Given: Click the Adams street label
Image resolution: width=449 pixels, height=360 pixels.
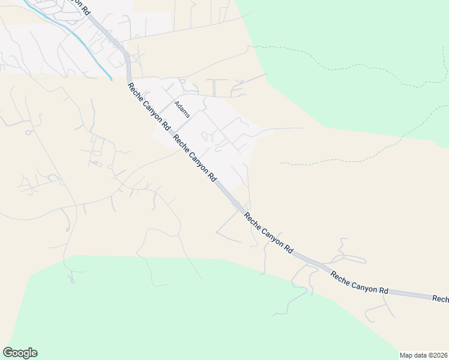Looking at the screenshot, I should pyautogui.click(x=182, y=109).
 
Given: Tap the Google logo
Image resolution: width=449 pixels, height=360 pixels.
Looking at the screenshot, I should pyautogui.click(x=20, y=353).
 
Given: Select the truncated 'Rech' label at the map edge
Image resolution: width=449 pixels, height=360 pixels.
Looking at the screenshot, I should pyautogui.click(x=441, y=298).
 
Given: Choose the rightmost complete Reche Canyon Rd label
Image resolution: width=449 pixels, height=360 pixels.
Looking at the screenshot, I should pyautogui.click(x=360, y=282).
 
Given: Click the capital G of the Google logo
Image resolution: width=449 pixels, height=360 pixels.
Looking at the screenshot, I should pyautogui.click(x=8, y=353).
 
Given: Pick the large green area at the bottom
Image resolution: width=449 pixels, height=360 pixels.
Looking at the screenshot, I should pyautogui.click(x=180, y=312).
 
